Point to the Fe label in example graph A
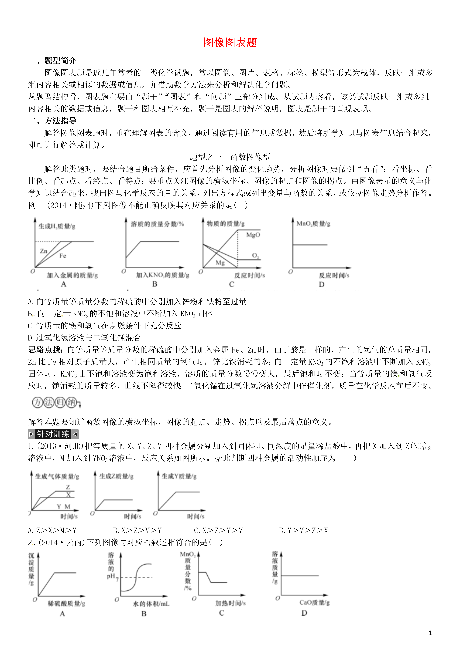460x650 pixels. click(x=63, y=256)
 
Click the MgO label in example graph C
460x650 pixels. click(x=253, y=235)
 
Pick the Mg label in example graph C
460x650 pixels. click(x=220, y=263)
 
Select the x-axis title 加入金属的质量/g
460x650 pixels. click(x=72, y=275)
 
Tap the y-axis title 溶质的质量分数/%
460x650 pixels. click(x=157, y=224)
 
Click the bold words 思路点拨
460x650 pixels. click(x=45, y=350)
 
